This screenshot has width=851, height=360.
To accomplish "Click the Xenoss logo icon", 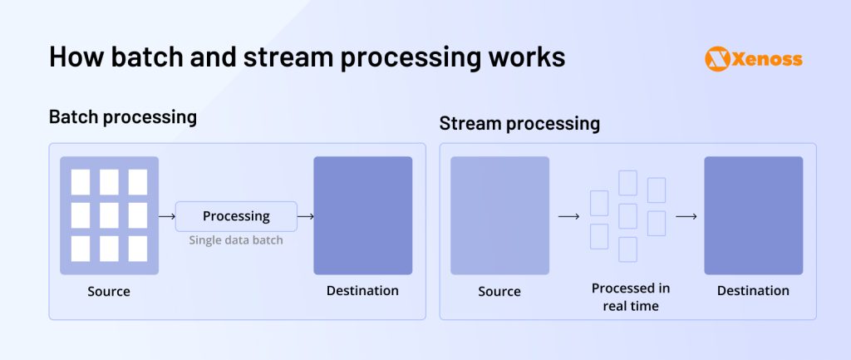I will coord(716,59).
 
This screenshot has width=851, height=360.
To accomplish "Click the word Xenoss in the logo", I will coord(766,59).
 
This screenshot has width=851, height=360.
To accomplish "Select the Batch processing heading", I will coord(122,116).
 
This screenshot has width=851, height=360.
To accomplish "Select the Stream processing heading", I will coord(519,124).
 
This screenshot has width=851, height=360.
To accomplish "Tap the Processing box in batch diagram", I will coord(236,216).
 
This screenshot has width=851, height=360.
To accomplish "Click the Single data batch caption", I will coord(236,240).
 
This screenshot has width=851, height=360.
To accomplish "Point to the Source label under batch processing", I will coord(109,291).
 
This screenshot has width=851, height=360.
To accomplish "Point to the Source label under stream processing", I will coord(499,291).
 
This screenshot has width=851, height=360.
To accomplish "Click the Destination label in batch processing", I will coord(362,290).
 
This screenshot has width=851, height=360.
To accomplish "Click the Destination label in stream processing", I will coord(753,290).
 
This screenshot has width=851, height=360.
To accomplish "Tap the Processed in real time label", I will coord(630,297).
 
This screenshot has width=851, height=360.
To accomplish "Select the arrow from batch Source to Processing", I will coord(166,216).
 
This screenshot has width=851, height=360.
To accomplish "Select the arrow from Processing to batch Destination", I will coord(305,216).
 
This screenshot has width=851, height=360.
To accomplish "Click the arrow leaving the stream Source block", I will coord(568,216).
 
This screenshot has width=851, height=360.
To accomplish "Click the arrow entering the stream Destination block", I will coord(686,216).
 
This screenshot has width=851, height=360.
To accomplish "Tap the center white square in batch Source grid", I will coord(109,215).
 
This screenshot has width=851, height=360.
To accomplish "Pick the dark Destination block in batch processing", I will coord(362,215).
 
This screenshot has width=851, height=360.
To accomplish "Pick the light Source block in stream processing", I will coord(499,215).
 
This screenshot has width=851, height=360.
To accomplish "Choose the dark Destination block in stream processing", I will coord(753,215).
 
